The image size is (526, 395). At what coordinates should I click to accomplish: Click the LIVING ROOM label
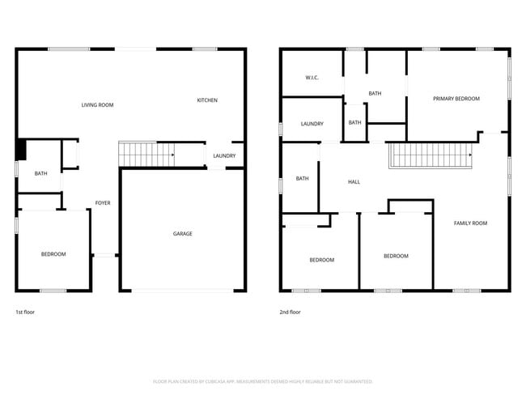click(97, 105)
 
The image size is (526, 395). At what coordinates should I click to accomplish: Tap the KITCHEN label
click(207, 100)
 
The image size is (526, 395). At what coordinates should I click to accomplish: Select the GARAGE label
click(182, 234)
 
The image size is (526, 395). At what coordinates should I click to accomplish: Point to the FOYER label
click(103, 202)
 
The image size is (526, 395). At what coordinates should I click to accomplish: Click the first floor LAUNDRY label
click(224, 156)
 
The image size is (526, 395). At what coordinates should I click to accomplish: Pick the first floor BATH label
click(40, 173)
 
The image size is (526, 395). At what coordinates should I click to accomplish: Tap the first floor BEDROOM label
click(53, 254)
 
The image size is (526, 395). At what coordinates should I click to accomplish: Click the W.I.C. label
click(312, 78)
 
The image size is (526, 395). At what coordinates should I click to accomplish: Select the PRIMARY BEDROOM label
click(456, 99)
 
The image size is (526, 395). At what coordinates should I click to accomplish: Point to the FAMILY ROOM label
click(470, 223)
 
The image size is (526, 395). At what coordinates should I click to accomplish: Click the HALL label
click(354, 182)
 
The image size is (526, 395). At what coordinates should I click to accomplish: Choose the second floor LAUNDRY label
click(312, 124)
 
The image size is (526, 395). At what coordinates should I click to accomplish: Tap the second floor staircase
click(429, 154)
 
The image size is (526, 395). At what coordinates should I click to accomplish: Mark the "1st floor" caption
click(25, 312)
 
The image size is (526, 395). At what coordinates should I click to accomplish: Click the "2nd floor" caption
click(290, 312)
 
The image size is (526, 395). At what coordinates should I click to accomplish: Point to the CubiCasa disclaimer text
click(263, 381)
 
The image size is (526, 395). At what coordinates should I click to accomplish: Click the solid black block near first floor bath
click(21, 150)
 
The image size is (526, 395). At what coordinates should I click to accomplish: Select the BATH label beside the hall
click(302, 178)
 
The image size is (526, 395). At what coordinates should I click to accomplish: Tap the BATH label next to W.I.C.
click(375, 93)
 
